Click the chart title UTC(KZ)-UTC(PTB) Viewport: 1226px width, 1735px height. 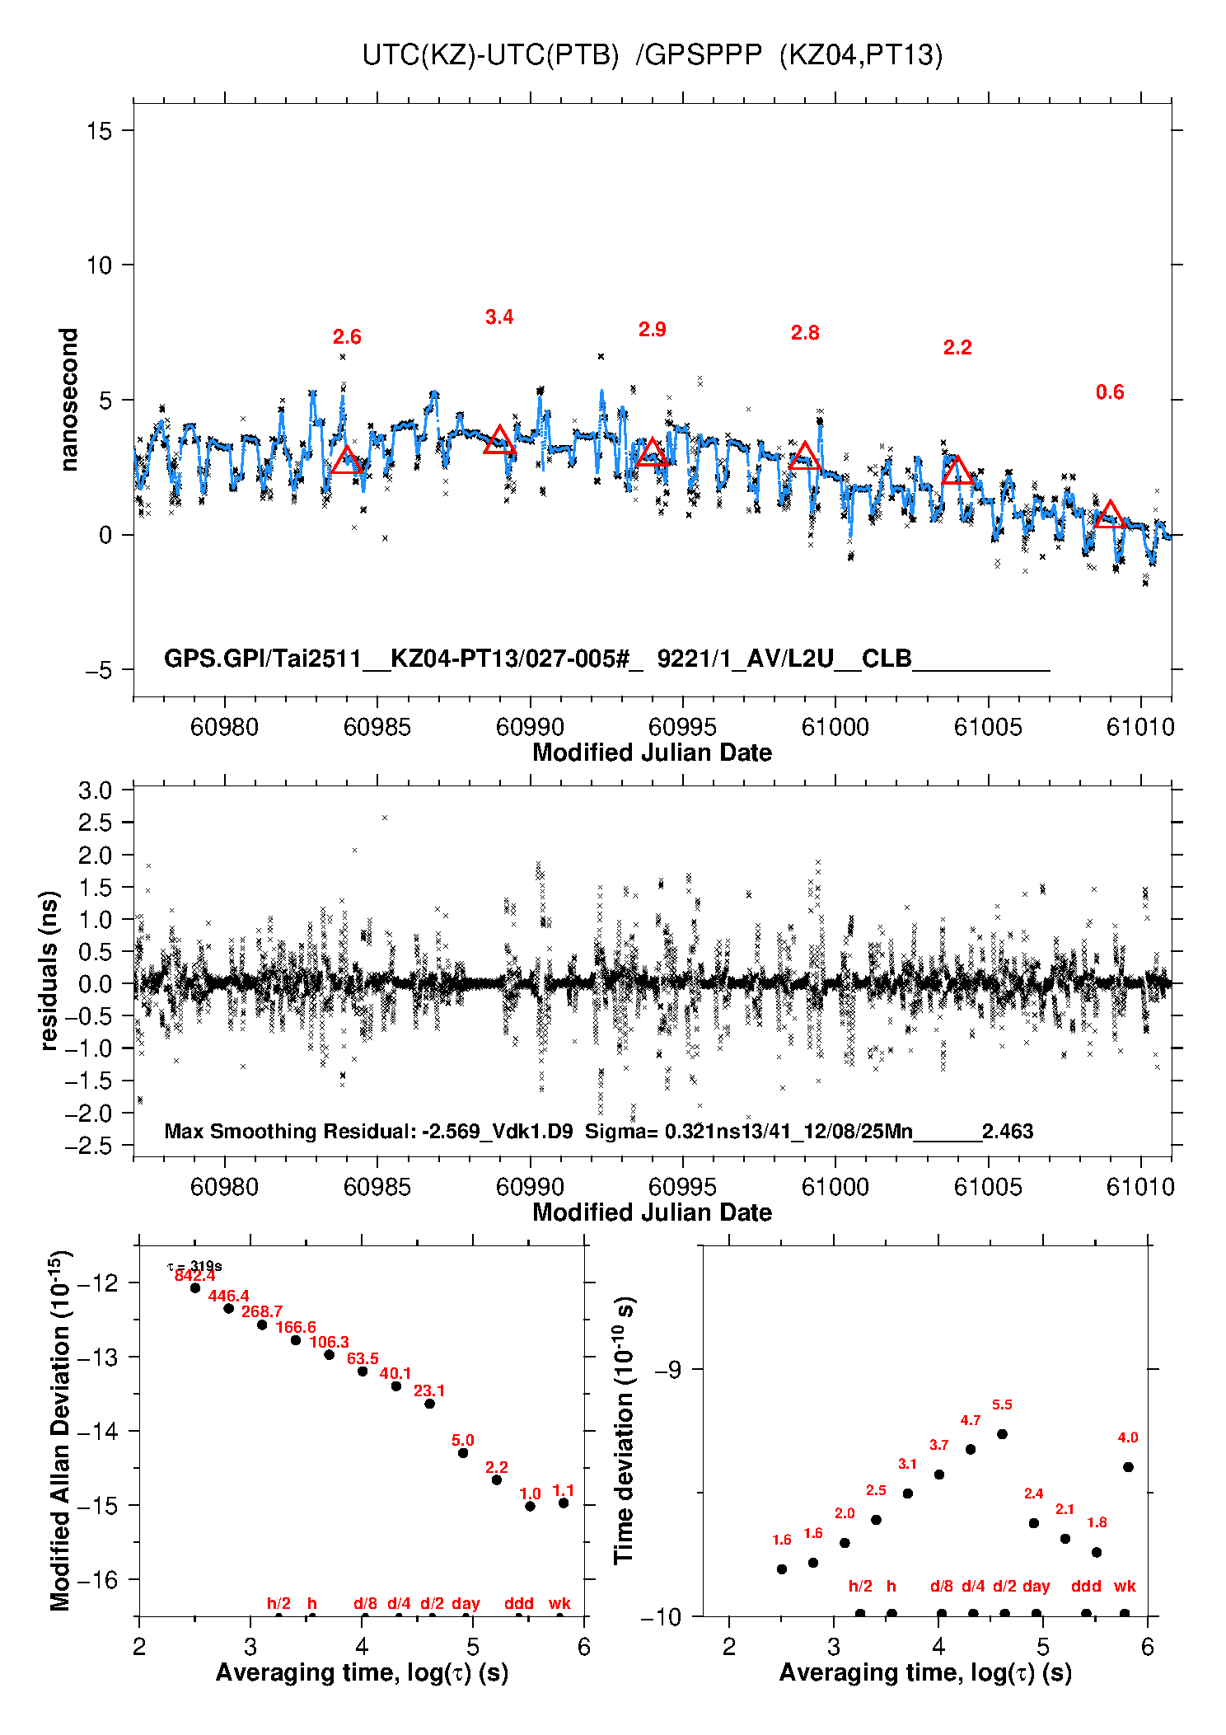coord(490,55)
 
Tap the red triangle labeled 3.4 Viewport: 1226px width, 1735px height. coord(499,441)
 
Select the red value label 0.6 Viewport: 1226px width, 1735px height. coord(1110,392)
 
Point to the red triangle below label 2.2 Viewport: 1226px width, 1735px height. coord(957,471)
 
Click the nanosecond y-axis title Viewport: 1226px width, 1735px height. coord(68,400)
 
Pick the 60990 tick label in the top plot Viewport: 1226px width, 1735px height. coord(530,727)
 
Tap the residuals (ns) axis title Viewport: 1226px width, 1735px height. coord(49,970)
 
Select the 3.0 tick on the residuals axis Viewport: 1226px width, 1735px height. coord(95,790)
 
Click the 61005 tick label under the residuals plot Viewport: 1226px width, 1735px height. coord(988,1187)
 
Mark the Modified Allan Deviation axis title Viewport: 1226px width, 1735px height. coord(60,1431)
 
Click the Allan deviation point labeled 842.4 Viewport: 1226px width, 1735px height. coord(195,1287)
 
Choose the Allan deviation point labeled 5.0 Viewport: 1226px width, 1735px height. coord(463,1452)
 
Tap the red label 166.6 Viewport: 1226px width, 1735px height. coord(296,1327)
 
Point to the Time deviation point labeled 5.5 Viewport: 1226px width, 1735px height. coord(1002,1434)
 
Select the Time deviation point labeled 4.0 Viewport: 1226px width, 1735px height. coord(1128,1467)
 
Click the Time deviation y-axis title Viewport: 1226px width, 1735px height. coord(624,1430)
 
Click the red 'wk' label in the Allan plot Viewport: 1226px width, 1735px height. coord(559,1603)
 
